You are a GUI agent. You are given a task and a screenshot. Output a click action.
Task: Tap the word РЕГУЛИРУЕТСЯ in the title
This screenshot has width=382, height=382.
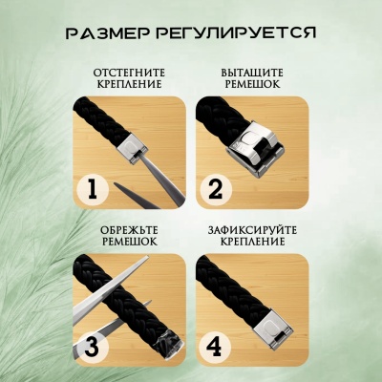236,32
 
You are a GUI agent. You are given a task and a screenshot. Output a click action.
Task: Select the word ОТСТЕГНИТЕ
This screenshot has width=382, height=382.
129,73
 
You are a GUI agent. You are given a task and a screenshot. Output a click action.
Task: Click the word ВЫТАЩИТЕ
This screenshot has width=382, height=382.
252,73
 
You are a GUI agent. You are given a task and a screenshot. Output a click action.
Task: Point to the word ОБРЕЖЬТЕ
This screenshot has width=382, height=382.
129,230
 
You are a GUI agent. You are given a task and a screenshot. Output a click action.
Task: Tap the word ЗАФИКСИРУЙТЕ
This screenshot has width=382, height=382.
252,230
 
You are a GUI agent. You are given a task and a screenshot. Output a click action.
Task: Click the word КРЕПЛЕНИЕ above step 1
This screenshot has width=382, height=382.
129,84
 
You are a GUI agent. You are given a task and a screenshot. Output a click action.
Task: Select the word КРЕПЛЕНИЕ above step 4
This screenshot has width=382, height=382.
252,242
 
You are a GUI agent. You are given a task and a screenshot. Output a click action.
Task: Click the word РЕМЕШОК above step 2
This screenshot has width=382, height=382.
252,84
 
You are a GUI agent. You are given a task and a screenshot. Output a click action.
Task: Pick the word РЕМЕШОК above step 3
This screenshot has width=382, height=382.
129,242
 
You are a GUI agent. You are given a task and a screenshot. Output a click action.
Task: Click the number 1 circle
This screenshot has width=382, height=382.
93,189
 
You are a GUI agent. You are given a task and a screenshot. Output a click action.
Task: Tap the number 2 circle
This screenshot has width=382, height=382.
215,189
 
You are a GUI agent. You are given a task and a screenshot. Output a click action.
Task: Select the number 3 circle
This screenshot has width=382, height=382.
93,347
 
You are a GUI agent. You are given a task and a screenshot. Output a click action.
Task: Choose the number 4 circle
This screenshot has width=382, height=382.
215,347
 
